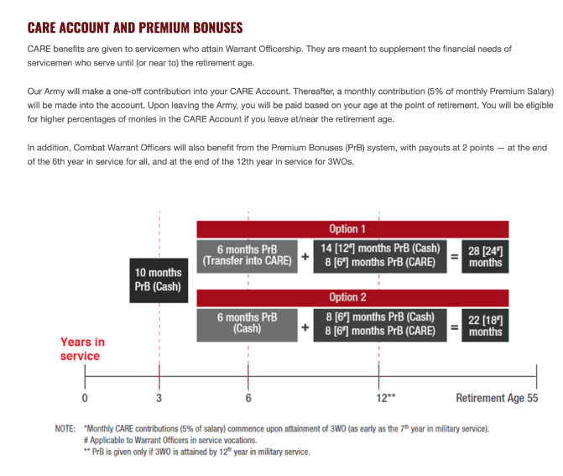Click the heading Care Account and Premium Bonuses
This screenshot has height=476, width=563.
tap(134, 28)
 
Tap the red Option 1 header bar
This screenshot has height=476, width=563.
tap(352, 228)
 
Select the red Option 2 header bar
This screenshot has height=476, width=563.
tap(352, 297)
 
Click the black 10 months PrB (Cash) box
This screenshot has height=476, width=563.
tap(158, 280)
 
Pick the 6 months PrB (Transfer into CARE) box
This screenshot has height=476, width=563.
tap(247, 254)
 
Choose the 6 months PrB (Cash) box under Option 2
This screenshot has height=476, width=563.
tap(247, 323)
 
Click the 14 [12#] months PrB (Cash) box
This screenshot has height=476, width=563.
tap(380, 249)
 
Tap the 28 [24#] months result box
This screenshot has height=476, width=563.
tap(485, 255)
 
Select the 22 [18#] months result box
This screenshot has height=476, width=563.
tap(485, 324)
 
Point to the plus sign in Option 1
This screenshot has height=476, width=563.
tap(305, 255)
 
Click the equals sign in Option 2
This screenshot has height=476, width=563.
tap(454, 324)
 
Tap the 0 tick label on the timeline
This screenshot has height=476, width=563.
tap(84, 398)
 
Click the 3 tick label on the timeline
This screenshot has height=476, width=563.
tap(159, 398)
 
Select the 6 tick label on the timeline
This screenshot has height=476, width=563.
tap(248, 398)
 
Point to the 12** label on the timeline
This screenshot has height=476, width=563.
tap(386, 398)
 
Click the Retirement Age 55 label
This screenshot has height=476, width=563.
tap(497, 398)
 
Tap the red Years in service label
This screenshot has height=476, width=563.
tap(82, 349)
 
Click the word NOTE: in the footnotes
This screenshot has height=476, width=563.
tap(65, 429)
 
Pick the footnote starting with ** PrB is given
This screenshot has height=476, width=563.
tap(196, 452)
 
